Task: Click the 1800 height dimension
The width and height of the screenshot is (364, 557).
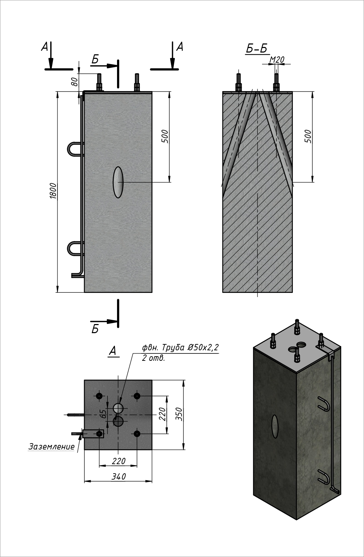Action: (53, 191)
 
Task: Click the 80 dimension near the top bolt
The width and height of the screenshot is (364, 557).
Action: (74, 82)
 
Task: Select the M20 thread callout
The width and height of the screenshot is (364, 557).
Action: (276, 60)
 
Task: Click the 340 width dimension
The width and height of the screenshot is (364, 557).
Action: (118, 476)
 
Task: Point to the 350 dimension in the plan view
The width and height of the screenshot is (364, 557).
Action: (179, 414)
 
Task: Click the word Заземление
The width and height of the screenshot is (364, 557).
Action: (51, 447)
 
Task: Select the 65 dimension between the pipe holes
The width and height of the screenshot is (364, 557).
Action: (103, 414)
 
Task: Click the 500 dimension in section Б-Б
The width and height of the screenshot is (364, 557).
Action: (308, 136)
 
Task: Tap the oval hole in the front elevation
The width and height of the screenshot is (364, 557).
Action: (118, 182)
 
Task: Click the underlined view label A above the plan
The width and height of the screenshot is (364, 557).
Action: (112, 351)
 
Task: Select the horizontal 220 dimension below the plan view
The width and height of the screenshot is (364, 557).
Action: (118, 461)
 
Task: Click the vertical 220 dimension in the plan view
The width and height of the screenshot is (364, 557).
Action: (162, 414)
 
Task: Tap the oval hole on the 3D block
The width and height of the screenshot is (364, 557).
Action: (275, 426)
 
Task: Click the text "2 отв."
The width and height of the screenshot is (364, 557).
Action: (153, 358)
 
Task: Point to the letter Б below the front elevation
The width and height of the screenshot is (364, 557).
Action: (95, 329)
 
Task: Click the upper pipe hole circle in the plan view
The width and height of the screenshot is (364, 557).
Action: (118, 408)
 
